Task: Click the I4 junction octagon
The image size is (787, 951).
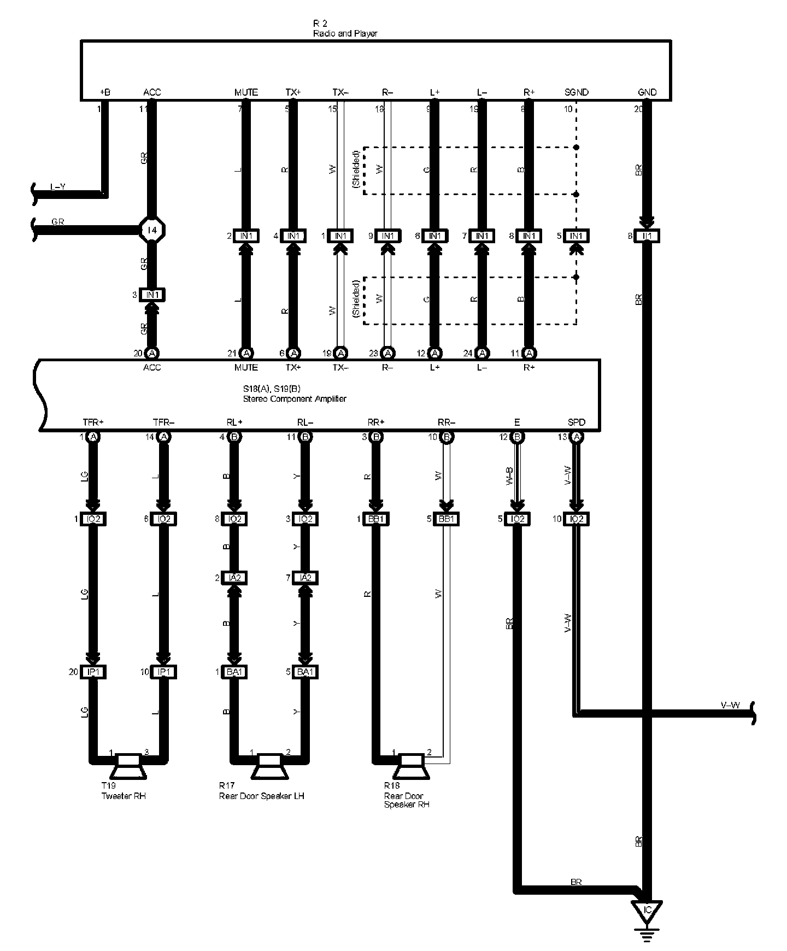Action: coord(152,230)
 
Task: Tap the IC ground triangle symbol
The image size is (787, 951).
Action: coord(647,911)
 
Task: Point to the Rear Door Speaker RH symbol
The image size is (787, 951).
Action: coord(411,766)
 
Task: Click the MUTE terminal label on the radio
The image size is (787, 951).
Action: coord(246,92)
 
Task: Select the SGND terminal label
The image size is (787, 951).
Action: coord(576,92)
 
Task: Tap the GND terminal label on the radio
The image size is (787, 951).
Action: coord(647,92)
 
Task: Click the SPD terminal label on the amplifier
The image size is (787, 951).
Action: coord(576,422)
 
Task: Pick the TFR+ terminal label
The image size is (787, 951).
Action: coord(93,422)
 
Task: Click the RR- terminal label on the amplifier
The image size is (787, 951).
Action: coord(447,422)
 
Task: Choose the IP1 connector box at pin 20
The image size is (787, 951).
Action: coord(93,672)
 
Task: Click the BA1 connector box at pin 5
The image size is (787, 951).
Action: coord(305,672)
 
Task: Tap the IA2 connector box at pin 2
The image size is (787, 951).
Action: coord(234,578)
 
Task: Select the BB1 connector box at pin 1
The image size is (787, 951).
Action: coord(375,519)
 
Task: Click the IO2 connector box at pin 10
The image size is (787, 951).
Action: coord(576,519)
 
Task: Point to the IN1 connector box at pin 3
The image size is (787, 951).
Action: coord(152,295)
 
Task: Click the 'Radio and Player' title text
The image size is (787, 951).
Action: coord(345,33)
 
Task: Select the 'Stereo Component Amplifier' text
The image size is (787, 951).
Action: coord(295,398)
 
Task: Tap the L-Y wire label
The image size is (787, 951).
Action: coord(58,187)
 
